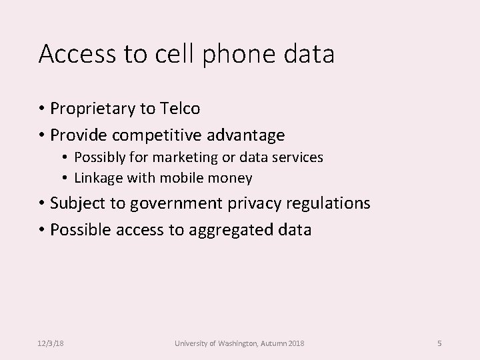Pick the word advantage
[x=248, y=136]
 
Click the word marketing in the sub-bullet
[x=178, y=159]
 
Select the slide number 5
[x=439, y=343]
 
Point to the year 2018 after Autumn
[x=296, y=343]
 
